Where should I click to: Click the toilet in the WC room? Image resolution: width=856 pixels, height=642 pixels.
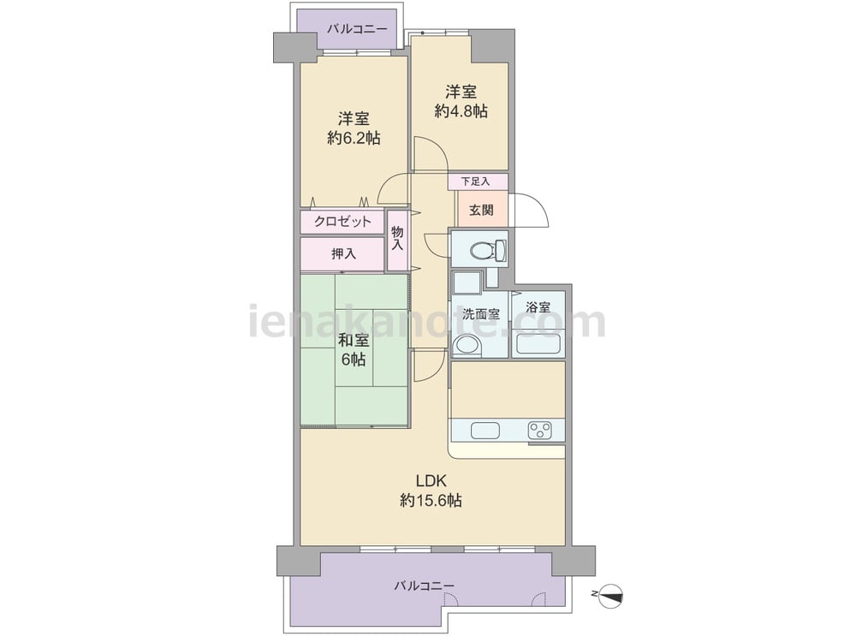tap(488, 251)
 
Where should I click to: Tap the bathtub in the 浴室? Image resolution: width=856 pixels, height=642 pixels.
tap(538, 344)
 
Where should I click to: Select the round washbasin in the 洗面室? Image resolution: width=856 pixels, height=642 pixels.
tap(468, 346)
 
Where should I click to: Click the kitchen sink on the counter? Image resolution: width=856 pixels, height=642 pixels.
tap(485, 431)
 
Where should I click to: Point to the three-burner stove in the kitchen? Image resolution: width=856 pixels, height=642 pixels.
tap(539, 431)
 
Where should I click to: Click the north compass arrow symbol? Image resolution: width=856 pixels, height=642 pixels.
tap(610, 595)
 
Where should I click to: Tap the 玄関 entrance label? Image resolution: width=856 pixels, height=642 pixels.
tap(481, 211)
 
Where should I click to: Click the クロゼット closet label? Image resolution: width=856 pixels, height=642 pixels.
tap(342, 222)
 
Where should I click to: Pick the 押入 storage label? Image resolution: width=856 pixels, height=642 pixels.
tap(344, 254)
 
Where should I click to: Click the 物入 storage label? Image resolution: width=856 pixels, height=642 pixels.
tap(397, 239)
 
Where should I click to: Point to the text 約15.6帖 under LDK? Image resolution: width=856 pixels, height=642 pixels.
tap(431, 500)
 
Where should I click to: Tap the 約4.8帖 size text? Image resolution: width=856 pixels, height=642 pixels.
tap(461, 111)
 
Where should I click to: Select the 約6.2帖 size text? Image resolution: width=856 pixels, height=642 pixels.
tap(354, 138)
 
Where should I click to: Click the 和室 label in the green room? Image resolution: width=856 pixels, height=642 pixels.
tap(354, 340)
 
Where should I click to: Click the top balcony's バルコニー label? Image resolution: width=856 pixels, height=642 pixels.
tap(357, 29)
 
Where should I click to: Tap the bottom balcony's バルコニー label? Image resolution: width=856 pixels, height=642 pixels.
tap(425, 586)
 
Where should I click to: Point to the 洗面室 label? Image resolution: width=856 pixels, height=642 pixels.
tap(481, 314)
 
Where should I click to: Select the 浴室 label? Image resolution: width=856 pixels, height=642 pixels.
tap(538, 308)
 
